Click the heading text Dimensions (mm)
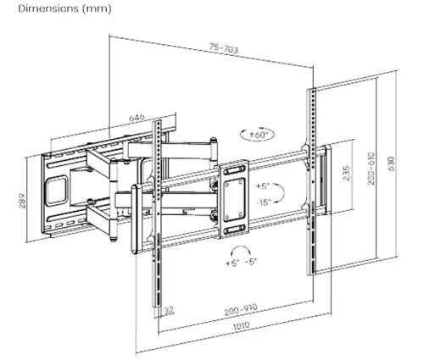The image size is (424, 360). click(41, 8)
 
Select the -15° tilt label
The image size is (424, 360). click(259, 202)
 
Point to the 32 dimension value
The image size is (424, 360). click(169, 311)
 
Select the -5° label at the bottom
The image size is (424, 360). click(250, 263)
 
